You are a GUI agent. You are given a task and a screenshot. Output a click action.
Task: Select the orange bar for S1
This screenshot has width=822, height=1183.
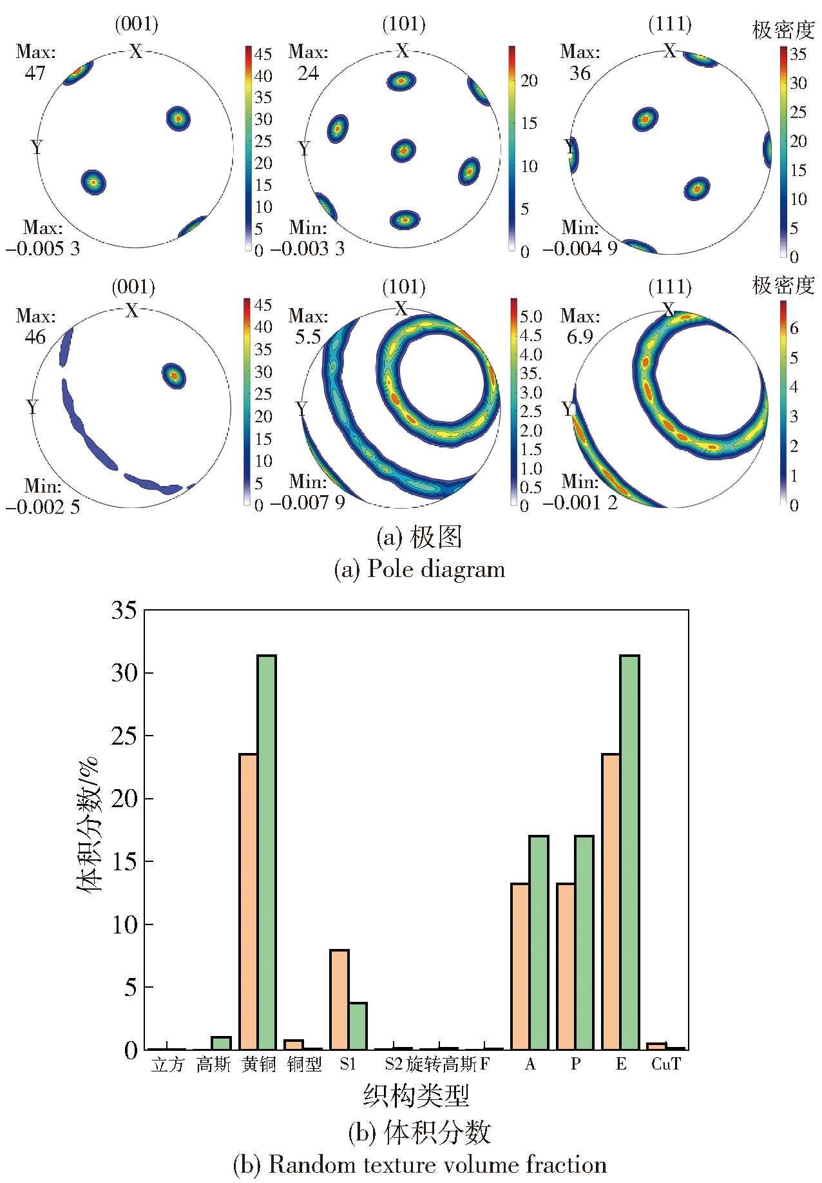point(339,1000)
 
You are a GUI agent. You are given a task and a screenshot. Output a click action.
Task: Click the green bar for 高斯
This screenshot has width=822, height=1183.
point(221,1043)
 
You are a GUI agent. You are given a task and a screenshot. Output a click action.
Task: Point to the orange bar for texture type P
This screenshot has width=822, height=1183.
point(566,966)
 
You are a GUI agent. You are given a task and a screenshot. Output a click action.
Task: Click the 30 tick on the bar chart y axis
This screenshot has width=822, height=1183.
point(124,673)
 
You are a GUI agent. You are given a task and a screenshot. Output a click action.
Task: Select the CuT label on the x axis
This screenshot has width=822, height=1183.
point(666,1064)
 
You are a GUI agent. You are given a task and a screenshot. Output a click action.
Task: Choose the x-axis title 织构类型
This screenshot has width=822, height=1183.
point(416,1095)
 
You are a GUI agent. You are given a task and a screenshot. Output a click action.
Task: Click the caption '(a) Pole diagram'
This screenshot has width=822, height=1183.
point(419,569)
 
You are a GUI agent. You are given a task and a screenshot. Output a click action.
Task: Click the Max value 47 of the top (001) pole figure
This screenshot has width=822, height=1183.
point(35,73)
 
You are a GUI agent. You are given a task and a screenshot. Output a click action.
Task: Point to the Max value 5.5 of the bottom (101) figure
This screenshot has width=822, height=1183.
point(308,337)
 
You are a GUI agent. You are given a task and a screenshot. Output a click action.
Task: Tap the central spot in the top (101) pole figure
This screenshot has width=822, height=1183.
point(403,151)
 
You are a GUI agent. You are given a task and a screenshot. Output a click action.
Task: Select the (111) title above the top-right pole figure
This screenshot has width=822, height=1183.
point(670,24)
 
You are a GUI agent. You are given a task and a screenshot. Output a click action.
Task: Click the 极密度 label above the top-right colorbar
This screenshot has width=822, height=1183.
point(783,30)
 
